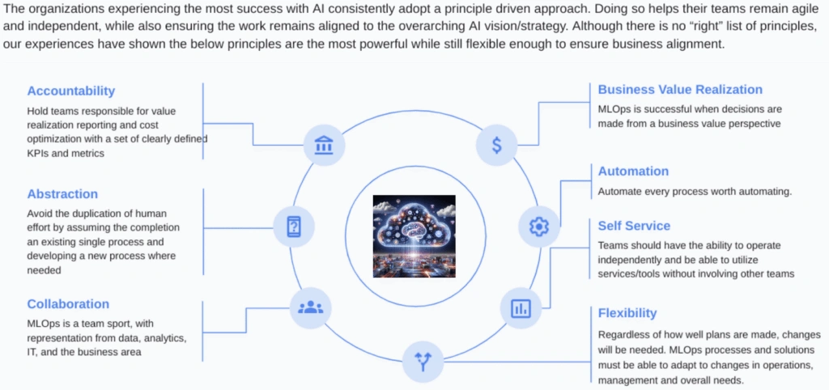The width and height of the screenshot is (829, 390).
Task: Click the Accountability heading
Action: click(x=71, y=91)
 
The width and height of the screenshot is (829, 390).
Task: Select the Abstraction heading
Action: click(x=62, y=194)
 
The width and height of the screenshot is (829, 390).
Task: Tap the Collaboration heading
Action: click(x=68, y=304)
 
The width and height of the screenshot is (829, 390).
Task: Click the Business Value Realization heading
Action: click(x=680, y=89)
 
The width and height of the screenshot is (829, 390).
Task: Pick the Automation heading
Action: click(x=633, y=172)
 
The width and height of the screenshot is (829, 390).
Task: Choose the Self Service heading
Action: click(x=634, y=226)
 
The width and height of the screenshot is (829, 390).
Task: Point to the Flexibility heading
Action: click(x=627, y=313)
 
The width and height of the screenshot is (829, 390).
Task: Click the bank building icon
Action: click(x=324, y=145)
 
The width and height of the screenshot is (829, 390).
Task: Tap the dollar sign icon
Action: click(x=496, y=145)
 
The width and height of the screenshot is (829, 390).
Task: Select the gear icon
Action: click(x=538, y=227)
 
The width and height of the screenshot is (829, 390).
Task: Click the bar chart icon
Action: click(x=521, y=308)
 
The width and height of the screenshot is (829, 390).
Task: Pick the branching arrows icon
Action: click(x=423, y=362)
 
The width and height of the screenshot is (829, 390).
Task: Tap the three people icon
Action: click(x=310, y=307)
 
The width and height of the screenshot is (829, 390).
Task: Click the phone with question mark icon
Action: click(x=293, y=227)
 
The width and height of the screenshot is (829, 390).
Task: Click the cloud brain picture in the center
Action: click(x=414, y=236)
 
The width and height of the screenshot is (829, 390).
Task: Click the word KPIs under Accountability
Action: click(x=37, y=153)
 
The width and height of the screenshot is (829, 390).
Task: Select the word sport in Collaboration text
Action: click(x=104, y=324)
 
